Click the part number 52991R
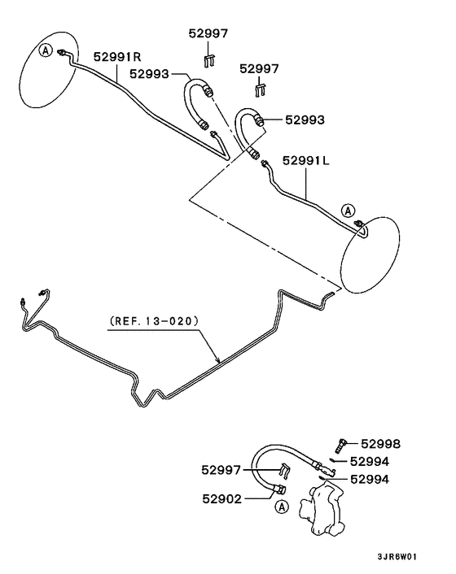(118, 57)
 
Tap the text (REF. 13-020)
(153, 321)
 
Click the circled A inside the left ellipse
(45, 50)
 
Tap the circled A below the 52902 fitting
(281, 507)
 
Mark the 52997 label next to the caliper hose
(221, 469)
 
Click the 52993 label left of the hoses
(149, 74)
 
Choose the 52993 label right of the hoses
(305, 120)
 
